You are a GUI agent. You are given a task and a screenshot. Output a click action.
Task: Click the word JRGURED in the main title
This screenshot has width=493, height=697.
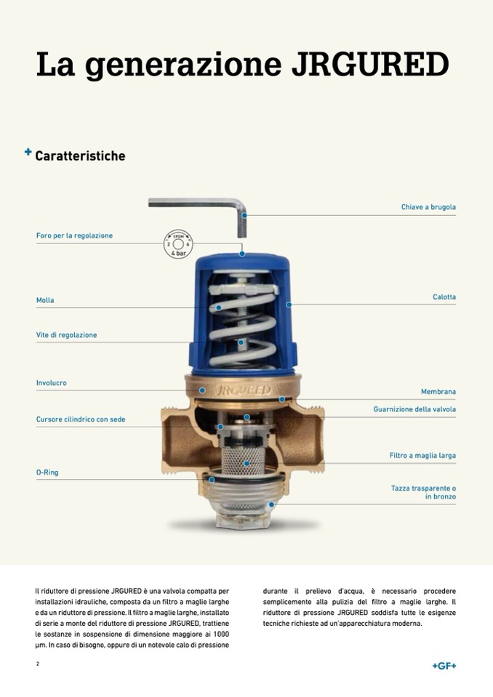(369, 64)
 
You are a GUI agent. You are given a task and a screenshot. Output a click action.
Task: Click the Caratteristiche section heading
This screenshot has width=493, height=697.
(80, 156)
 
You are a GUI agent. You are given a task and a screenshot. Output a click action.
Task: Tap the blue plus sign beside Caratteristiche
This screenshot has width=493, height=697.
(28, 153)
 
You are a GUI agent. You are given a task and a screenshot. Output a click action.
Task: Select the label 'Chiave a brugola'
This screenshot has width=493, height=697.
(428, 207)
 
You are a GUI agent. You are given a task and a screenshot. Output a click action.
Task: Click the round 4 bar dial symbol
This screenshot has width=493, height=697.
(177, 243)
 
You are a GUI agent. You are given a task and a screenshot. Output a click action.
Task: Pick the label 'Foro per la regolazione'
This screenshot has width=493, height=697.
(74, 235)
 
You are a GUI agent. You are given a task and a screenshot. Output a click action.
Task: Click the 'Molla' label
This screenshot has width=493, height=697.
(45, 300)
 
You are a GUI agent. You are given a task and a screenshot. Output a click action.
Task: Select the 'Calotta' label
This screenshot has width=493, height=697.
(444, 297)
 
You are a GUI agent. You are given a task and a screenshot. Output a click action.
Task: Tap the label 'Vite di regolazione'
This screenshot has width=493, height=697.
(66, 335)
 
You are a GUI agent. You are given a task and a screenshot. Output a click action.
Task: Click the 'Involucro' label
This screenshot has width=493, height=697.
(52, 383)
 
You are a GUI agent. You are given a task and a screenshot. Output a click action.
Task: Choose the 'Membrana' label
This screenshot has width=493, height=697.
(438, 392)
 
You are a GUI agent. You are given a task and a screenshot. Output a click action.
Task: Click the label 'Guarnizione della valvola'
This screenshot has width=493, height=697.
(414, 409)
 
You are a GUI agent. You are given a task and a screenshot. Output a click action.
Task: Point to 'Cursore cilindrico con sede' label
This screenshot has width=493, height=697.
(81, 419)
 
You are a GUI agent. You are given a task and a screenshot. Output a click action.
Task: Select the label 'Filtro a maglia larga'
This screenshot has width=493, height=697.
(422, 456)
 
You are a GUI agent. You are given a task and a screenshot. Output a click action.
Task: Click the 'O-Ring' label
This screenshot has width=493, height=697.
(47, 472)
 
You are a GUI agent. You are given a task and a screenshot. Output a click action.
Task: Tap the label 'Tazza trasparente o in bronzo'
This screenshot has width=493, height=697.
(423, 493)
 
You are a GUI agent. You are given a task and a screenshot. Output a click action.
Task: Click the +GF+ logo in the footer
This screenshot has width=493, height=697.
(444, 666)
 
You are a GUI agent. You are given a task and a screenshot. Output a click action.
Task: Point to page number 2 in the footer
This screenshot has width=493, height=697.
(38, 664)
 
